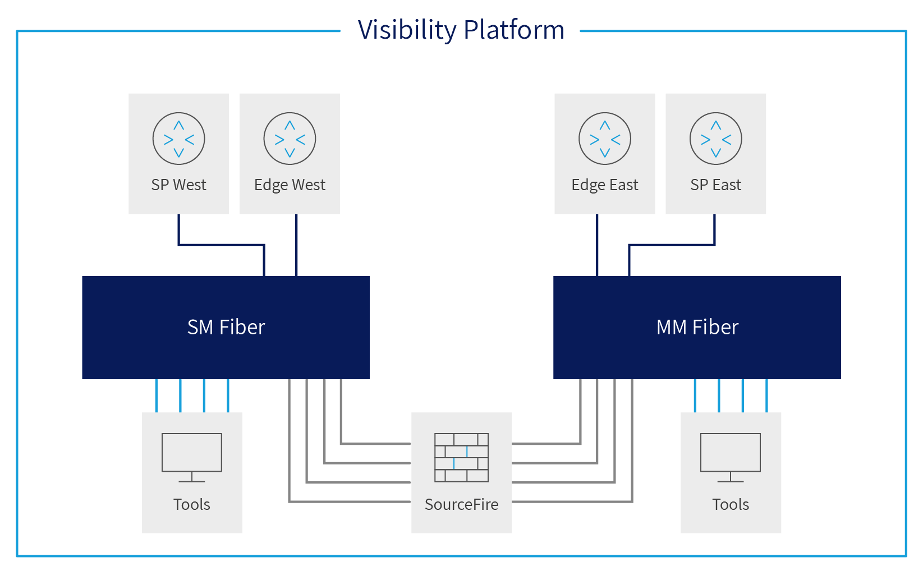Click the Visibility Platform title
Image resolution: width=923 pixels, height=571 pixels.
point(461,30)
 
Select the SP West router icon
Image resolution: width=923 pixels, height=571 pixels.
point(178,139)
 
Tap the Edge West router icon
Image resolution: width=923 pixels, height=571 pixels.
point(290,139)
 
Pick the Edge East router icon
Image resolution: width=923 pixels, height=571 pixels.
point(604,139)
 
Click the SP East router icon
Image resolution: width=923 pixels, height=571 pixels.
point(715,139)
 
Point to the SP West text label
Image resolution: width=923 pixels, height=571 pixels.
point(178,185)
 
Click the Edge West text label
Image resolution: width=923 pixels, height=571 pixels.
point(290,185)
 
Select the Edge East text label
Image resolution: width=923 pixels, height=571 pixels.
point(604,185)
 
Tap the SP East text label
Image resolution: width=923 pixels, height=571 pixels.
point(715,185)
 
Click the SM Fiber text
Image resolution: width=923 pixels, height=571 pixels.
point(226,327)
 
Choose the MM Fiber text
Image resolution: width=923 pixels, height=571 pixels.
point(697,327)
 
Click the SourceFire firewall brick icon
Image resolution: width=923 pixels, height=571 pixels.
point(461,457)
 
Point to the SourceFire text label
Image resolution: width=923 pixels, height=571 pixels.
point(461,504)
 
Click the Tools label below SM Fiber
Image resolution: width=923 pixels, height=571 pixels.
point(191,504)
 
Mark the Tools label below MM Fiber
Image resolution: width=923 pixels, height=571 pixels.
point(730,504)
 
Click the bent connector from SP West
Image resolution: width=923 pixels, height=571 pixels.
point(221,245)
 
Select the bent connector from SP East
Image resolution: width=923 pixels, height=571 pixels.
point(672,245)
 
